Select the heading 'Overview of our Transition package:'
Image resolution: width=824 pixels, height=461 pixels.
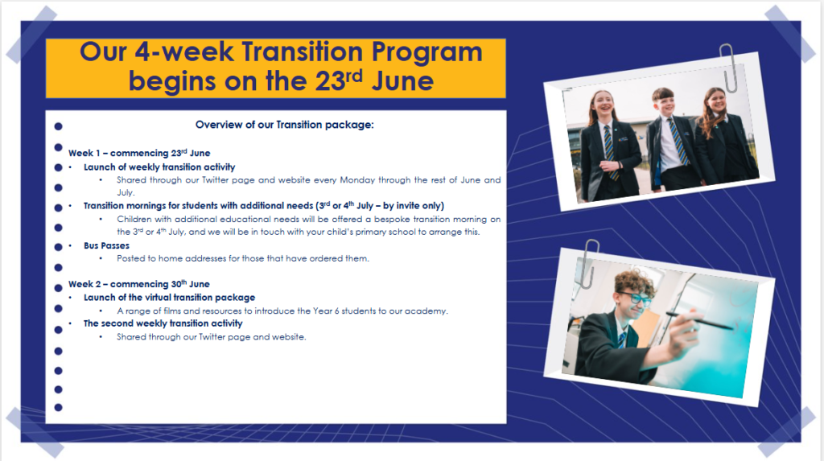[284, 125]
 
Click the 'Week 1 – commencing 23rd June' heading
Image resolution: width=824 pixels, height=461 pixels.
[139, 153]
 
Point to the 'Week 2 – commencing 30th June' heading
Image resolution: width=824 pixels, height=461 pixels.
[138, 284]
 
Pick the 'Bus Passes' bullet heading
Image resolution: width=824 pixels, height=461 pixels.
[106, 245]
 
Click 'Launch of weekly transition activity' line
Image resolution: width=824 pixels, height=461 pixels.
[159, 167]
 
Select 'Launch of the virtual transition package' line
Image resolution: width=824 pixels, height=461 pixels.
[169, 298]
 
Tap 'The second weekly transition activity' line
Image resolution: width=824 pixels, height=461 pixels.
[163, 323]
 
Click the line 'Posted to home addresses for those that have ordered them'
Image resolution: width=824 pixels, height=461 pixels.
[243, 258]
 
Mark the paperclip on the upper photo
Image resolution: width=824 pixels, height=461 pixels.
[728, 68]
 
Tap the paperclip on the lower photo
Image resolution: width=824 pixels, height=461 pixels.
[590, 263]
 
